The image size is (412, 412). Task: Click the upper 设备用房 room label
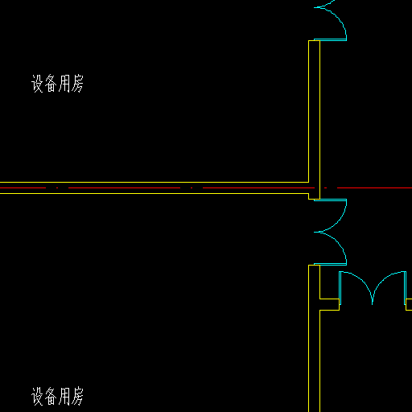(57, 84)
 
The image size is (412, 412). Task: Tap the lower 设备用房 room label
(57, 396)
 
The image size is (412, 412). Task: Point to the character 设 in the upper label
(37, 84)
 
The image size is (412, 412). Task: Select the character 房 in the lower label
(77, 396)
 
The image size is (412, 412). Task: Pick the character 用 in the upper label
(64, 84)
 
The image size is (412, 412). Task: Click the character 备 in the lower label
(51, 396)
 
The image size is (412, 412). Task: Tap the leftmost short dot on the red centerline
(57, 187)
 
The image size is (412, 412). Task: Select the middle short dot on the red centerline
(192, 187)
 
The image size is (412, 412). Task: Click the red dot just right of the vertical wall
(326, 187)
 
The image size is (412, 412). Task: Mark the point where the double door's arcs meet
(373, 304)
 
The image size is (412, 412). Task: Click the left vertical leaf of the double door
(340, 288)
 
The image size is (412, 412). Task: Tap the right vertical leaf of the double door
(405, 288)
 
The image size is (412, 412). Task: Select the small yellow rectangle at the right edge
(409, 304)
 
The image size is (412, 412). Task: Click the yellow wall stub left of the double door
(329, 304)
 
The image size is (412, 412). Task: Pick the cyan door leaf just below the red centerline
(330, 200)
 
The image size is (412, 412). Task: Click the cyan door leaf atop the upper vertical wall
(330, 40)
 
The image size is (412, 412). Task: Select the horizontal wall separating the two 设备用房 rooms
(154, 187)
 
